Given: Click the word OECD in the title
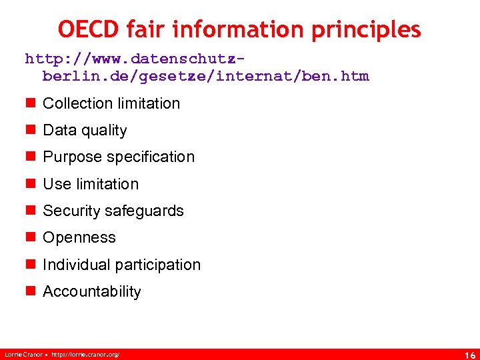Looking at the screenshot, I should (x=89, y=29).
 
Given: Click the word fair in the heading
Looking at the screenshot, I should (x=148, y=29).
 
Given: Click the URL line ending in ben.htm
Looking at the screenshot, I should (x=205, y=76).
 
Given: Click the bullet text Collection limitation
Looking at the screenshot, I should (x=111, y=103).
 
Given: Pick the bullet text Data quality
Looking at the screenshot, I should (x=85, y=131).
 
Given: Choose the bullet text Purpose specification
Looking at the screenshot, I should (x=119, y=157).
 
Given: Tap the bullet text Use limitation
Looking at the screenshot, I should (x=91, y=184).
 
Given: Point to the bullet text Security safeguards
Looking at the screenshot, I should (x=113, y=211).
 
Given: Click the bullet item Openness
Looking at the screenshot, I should (x=79, y=238).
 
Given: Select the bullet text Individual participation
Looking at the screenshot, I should (x=121, y=265).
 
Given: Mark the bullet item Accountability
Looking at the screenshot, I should (x=92, y=291).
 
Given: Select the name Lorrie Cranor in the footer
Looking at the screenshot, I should (x=22, y=354).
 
